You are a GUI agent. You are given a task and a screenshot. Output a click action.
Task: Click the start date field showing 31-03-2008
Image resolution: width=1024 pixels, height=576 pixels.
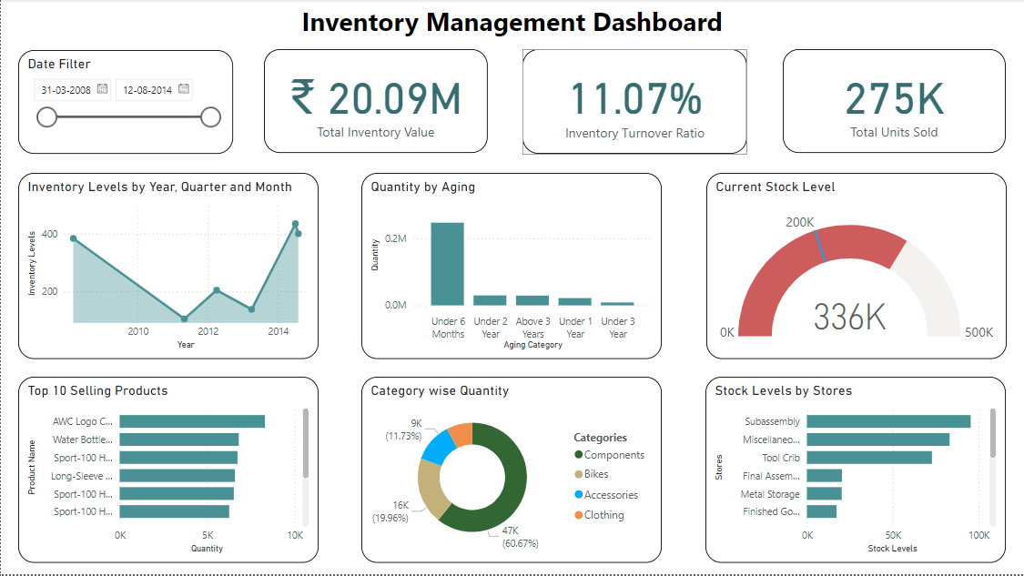(x=66, y=90)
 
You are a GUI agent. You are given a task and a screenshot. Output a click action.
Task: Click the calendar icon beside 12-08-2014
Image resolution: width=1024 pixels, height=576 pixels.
(x=184, y=89)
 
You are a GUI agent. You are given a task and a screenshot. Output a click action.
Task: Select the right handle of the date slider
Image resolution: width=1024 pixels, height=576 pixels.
(x=210, y=116)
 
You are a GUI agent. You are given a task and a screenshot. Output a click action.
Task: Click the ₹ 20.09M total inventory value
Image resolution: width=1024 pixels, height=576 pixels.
(x=375, y=98)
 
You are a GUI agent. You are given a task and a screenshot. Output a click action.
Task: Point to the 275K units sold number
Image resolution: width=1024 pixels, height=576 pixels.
(x=894, y=98)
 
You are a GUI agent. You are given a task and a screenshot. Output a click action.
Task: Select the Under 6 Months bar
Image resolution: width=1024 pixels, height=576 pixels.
(x=447, y=264)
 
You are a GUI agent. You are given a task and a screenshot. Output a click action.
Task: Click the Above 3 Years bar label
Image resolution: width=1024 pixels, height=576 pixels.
(x=532, y=328)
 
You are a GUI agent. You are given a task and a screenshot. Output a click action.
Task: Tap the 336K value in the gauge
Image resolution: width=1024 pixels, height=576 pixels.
(x=849, y=317)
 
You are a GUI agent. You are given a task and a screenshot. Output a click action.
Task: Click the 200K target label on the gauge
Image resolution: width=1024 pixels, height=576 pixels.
(x=799, y=222)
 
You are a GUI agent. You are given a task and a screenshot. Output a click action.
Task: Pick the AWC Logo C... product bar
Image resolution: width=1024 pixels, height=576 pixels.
(x=192, y=421)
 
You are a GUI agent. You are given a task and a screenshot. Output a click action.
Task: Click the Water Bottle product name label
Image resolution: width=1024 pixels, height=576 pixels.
(x=82, y=440)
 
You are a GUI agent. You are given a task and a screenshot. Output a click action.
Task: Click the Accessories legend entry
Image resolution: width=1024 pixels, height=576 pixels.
(x=610, y=495)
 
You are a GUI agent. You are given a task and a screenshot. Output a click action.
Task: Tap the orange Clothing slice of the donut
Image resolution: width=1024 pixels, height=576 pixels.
(x=461, y=433)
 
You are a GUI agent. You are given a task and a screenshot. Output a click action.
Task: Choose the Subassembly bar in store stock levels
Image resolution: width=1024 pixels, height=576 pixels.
(x=888, y=421)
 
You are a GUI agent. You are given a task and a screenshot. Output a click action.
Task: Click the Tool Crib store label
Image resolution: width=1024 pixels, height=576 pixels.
(x=780, y=458)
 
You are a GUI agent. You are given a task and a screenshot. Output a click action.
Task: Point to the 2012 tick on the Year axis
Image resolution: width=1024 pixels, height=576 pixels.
(x=208, y=332)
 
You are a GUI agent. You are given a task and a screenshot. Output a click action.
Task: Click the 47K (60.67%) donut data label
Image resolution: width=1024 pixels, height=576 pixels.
(x=520, y=537)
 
